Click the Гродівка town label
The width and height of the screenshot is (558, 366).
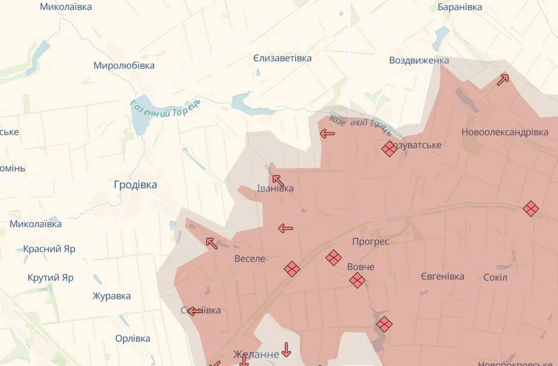click(x=135, y=184)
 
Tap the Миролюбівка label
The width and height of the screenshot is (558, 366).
click(x=124, y=65)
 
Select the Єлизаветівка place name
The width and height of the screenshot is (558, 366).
click(x=290, y=58)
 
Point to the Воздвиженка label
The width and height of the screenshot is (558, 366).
click(x=419, y=60)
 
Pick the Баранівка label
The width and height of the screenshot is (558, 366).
click(x=460, y=7)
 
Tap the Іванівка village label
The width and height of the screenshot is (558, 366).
click(x=275, y=188)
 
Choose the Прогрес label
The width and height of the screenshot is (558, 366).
click(x=370, y=241)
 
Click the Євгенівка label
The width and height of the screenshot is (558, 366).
click(x=442, y=276)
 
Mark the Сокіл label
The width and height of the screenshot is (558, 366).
click(x=495, y=277)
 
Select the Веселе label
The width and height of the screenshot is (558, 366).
click(x=250, y=259)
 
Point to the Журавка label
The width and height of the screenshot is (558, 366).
click(x=112, y=296)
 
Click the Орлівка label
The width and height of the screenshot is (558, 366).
click(x=132, y=338)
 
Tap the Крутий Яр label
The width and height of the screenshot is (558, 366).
click(x=51, y=277)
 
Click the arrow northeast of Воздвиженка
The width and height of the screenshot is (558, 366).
click(x=503, y=80)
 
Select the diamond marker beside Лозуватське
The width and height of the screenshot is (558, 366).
click(x=389, y=149)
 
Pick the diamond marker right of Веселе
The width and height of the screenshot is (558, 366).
click(x=292, y=269)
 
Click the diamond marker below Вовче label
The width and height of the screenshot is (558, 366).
click(x=357, y=280)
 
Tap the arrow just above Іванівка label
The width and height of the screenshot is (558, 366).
click(x=278, y=180)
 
